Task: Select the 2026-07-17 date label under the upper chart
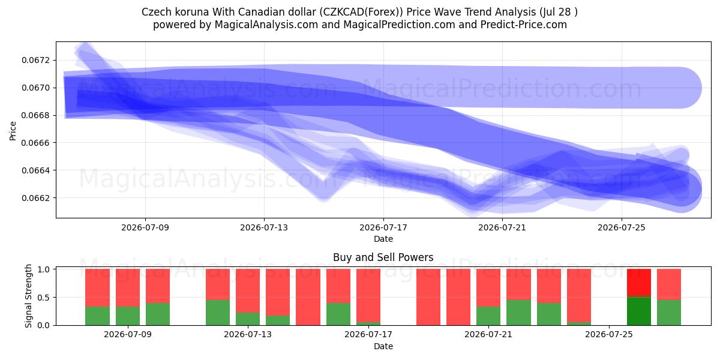click(x=383, y=227)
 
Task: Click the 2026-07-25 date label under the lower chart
click(x=609, y=334)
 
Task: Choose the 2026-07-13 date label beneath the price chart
click(x=264, y=227)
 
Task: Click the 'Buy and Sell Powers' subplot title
click(x=383, y=257)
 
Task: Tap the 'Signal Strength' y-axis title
click(x=28, y=296)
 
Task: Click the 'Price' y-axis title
click(x=13, y=131)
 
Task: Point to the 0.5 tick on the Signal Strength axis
click(x=43, y=298)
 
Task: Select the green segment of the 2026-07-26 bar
click(x=639, y=311)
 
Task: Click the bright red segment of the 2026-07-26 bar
click(x=639, y=281)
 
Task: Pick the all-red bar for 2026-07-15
click(x=308, y=297)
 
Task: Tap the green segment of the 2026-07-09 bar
click(x=128, y=316)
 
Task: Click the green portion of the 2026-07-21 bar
click(x=488, y=316)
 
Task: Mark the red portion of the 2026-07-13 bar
click(x=248, y=291)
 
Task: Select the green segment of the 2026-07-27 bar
click(x=669, y=313)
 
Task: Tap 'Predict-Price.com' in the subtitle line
click(x=524, y=25)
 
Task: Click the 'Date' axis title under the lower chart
click(x=383, y=346)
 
